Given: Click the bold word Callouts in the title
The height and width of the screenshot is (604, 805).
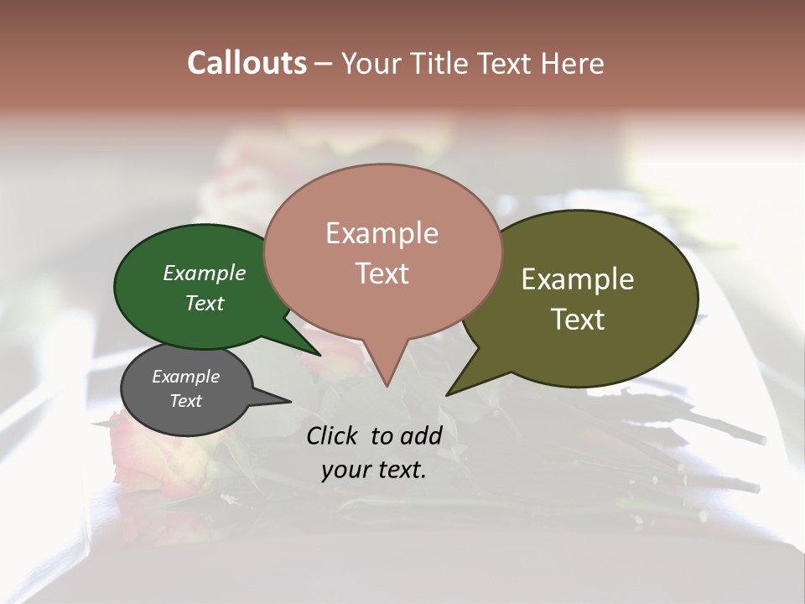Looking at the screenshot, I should click(247, 63).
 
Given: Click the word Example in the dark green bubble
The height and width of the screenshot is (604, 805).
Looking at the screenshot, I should click(205, 273).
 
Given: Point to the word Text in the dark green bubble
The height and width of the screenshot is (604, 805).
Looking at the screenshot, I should click(205, 303).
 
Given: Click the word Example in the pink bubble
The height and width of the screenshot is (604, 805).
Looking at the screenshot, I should click(382, 233).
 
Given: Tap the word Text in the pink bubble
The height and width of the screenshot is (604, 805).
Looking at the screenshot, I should click(382, 273).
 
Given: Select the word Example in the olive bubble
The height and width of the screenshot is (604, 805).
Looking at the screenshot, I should click(578, 279).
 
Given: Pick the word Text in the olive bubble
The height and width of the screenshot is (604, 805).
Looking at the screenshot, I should click(578, 320).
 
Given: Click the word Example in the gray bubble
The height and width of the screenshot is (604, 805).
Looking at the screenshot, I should click(185, 377).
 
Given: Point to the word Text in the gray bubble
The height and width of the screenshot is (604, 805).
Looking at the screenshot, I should click(185, 401).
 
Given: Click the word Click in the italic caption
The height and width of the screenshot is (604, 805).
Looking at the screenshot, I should click(333, 435).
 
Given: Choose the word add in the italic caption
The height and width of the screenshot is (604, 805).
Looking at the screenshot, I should click(420, 435).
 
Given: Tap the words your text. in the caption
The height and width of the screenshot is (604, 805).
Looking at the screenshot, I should click(374, 470).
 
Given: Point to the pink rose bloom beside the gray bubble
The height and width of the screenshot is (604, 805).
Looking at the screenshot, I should click(147, 457).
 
